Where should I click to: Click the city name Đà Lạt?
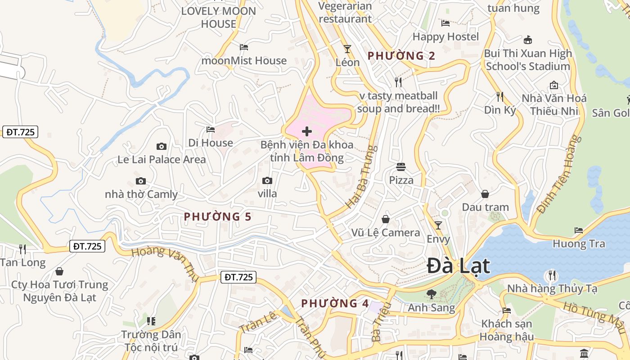point(458,265)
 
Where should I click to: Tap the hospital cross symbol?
point(307,131)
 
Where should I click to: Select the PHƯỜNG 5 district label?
point(218,217)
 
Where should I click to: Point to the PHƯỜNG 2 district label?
point(401,56)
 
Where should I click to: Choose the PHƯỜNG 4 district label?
point(335,303)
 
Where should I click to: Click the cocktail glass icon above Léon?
point(347,49)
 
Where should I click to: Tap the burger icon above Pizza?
point(401,167)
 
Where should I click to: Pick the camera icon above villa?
point(267,181)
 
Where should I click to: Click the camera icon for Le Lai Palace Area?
point(161,146)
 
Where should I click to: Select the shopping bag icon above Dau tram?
point(485,194)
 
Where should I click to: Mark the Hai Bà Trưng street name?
point(361,176)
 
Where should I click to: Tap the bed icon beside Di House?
point(210,130)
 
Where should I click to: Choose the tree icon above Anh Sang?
point(431,294)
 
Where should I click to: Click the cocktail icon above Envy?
point(438,225)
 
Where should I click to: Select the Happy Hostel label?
point(445,36)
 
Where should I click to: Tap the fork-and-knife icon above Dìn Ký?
point(499,96)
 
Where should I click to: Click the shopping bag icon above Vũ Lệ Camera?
point(386,219)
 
